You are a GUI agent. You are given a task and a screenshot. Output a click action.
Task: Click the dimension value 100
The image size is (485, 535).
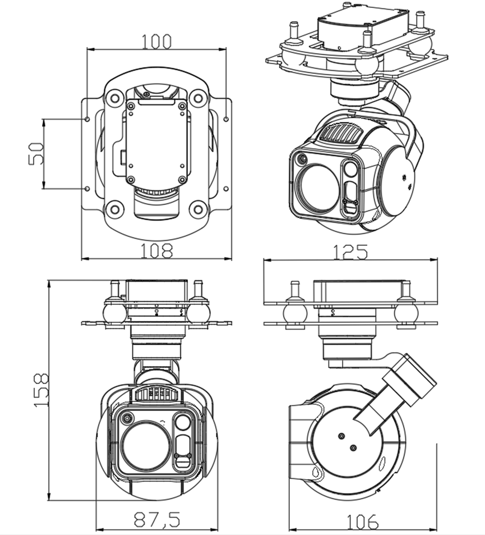tap(156, 42)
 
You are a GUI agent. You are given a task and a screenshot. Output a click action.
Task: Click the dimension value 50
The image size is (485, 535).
tap(36, 153)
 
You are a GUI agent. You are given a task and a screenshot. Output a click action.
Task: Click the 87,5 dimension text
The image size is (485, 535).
tap(156, 520)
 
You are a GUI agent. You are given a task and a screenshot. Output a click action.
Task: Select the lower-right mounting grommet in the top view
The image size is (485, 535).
tap(197, 210)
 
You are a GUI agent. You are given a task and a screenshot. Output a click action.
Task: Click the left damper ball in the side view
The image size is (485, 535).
tap(295, 312)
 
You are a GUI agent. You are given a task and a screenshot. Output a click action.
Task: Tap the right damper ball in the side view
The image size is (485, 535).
tap(405, 312)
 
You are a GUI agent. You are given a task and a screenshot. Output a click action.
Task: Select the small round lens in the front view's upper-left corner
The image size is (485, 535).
tap(128, 418)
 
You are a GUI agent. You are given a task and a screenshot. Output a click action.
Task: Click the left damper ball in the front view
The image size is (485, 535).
tap(115, 312)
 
